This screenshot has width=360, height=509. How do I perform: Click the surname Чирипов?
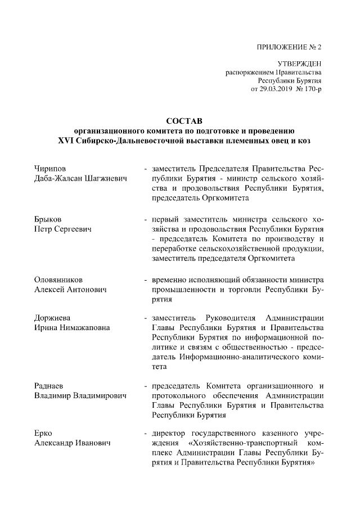pyautogui.click(x=49, y=169)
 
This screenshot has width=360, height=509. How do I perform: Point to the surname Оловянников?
pyautogui.click(x=58, y=278)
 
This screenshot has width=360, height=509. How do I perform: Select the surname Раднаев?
pyautogui.click(x=49, y=386)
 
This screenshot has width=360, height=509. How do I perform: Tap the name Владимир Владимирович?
pyautogui.click(x=80, y=397)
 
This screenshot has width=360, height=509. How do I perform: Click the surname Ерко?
pyautogui.click(x=43, y=435)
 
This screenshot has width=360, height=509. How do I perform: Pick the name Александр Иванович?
pyautogui.click(x=72, y=444)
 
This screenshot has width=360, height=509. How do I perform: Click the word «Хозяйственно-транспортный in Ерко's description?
pyautogui.click(x=235, y=444)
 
